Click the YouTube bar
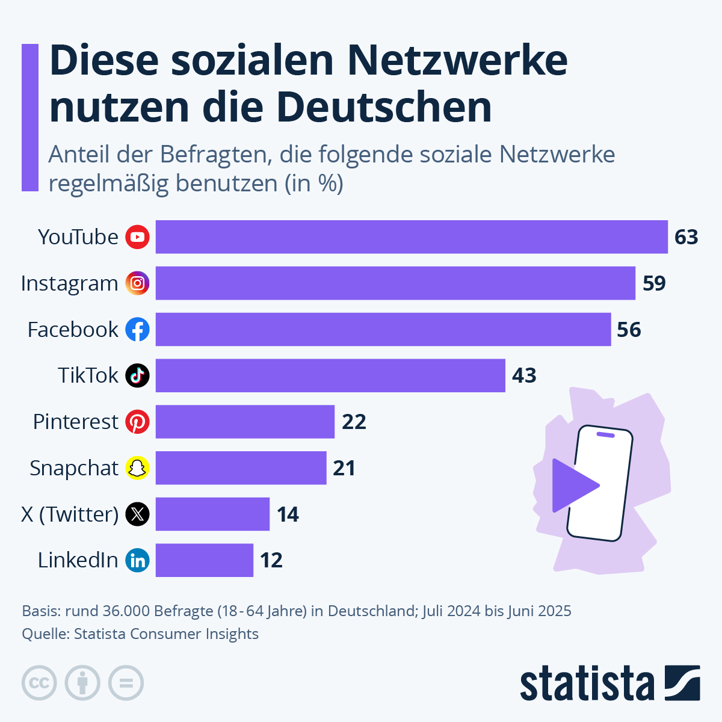(x=412, y=237)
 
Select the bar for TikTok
(x=330, y=375)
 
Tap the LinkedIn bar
(x=205, y=560)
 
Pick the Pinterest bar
(x=245, y=422)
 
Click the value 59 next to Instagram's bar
(x=654, y=283)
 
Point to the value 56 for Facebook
(x=629, y=330)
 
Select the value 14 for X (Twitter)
(x=288, y=514)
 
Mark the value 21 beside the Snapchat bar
(x=344, y=468)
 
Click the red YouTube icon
(x=137, y=237)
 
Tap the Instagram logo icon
(x=137, y=283)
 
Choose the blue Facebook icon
(x=137, y=330)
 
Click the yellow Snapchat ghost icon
(x=137, y=468)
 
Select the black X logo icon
(x=137, y=514)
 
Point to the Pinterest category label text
(x=75, y=422)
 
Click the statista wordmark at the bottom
(x=587, y=683)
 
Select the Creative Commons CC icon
(x=39, y=683)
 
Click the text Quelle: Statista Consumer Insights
(x=140, y=634)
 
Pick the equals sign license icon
(x=126, y=683)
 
